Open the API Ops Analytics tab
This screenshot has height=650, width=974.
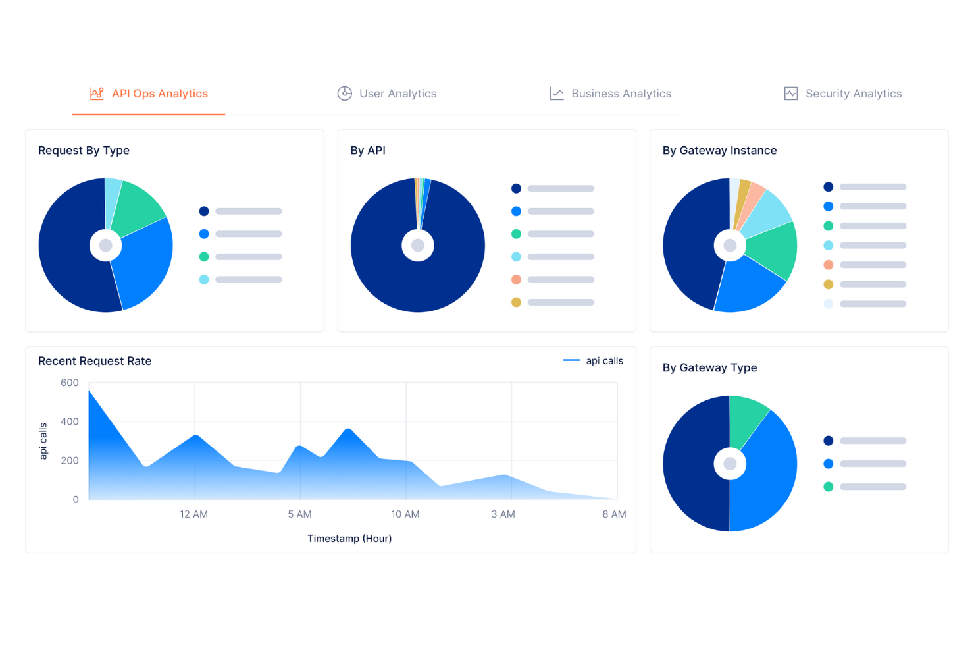click(149, 94)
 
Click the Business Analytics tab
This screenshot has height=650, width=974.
click(611, 94)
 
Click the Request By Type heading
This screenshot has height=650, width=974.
click(84, 151)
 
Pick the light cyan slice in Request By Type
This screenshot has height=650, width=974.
click(113, 198)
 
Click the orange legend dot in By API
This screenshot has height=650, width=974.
click(516, 279)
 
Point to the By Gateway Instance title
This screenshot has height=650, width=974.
click(719, 151)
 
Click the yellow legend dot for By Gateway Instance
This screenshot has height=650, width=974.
click(828, 284)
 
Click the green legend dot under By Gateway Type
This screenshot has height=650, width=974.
click(828, 487)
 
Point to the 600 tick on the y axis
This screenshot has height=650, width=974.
click(69, 383)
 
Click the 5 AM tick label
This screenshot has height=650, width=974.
click(299, 514)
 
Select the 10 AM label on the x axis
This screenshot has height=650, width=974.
click(405, 514)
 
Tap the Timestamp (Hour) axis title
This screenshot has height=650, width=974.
click(349, 539)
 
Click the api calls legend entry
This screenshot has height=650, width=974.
click(594, 361)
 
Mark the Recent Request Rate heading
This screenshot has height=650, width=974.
click(95, 361)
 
